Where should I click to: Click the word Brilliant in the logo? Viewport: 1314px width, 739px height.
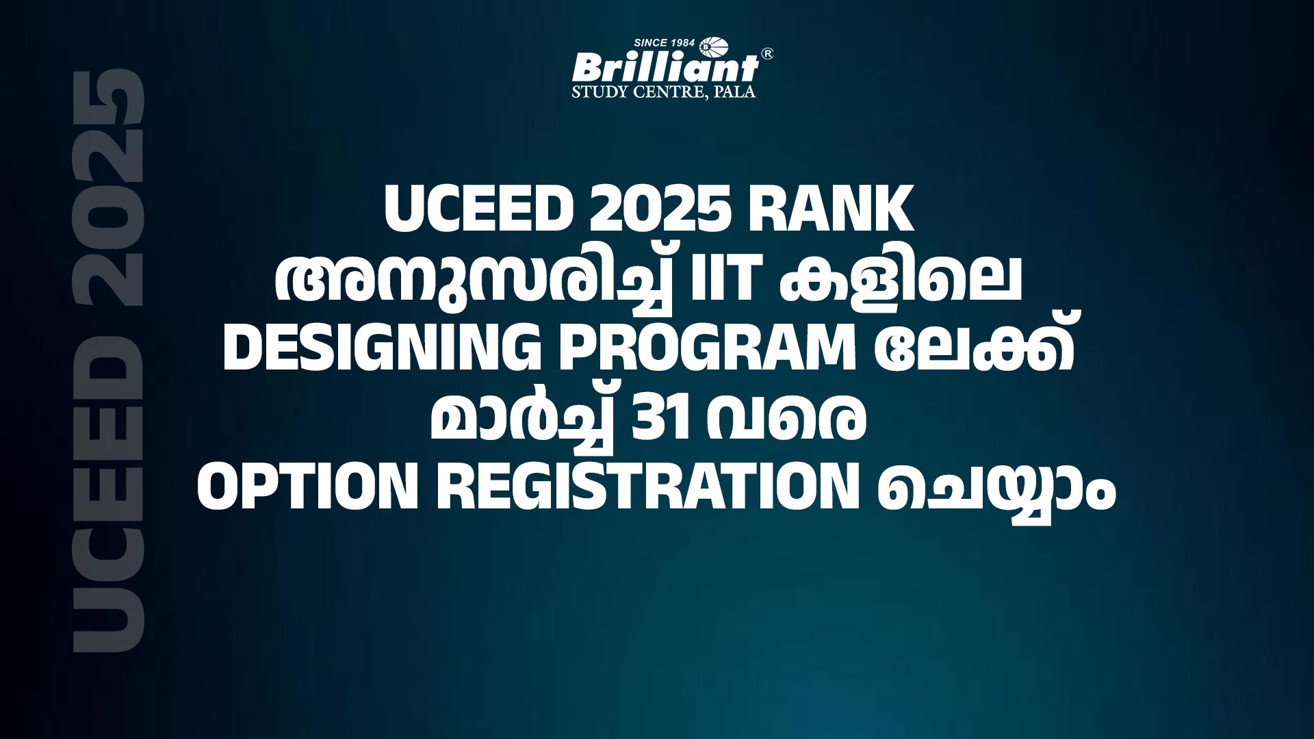click(665, 67)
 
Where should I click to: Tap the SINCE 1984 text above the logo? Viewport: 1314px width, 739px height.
click(665, 43)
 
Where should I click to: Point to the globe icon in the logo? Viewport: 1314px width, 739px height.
click(708, 45)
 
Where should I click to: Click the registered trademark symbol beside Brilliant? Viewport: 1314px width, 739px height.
click(768, 54)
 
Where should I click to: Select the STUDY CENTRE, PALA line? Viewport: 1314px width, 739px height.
click(664, 92)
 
